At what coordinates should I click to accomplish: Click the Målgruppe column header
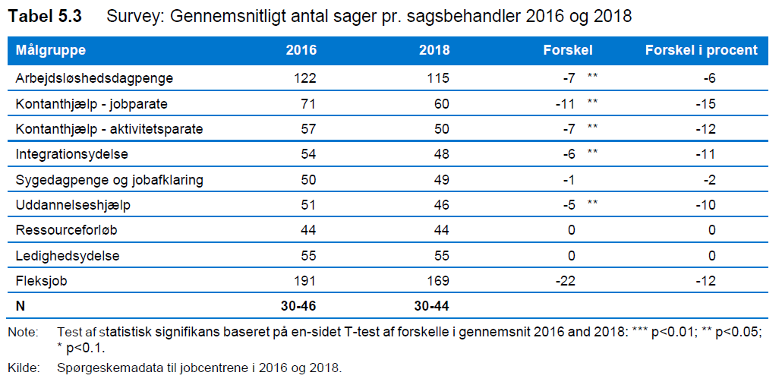pyautogui.click(x=50, y=50)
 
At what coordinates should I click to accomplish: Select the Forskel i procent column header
pyautogui.click(x=702, y=50)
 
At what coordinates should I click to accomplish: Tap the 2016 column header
pyautogui.click(x=301, y=50)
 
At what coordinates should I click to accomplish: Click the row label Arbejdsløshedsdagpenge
pyautogui.click(x=95, y=78)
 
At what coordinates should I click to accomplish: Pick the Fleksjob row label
pyautogui.click(x=42, y=281)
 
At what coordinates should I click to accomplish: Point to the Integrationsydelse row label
pyautogui.click(x=72, y=155)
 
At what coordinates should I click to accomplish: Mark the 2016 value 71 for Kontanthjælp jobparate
pyautogui.click(x=308, y=104)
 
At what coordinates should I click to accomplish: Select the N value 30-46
pyautogui.click(x=298, y=307)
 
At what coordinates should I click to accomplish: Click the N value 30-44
pyautogui.click(x=431, y=307)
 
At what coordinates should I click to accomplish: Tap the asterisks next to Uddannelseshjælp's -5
pyautogui.click(x=592, y=203)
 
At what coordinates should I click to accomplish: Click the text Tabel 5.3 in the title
pyautogui.click(x=45, y=17)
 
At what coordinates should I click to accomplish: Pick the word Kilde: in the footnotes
pyautogui.click(x=24, y=369)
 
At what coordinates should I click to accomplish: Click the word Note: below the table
pyautogui.click(x=23, y=333)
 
